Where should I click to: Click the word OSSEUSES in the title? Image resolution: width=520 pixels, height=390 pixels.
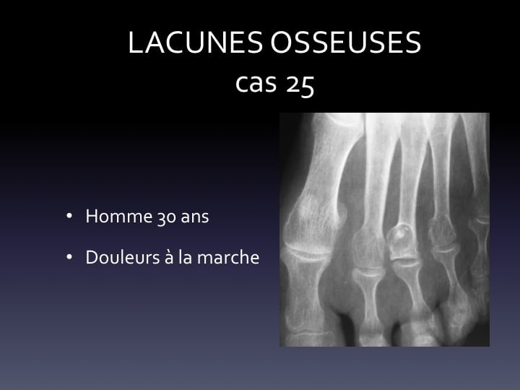345,43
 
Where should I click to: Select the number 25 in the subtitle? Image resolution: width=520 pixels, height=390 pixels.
300,84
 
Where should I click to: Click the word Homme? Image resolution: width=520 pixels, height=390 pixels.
119,216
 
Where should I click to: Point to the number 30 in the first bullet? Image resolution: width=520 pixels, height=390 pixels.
167,217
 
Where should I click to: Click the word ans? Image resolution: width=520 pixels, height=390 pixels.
195,218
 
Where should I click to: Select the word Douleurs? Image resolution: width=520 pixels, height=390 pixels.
123,257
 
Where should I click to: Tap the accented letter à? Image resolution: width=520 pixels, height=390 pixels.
169,257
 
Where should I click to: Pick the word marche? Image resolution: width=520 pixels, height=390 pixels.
228,257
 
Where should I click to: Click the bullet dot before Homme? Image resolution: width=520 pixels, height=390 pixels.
69,216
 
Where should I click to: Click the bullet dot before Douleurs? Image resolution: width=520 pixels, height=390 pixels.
69,257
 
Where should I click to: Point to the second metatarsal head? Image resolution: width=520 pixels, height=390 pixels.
369,248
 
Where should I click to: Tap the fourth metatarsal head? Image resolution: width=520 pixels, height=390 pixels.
443,232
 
